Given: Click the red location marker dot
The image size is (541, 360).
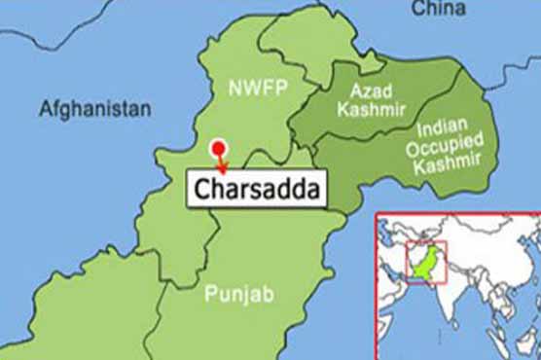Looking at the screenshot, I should point(219,149).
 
